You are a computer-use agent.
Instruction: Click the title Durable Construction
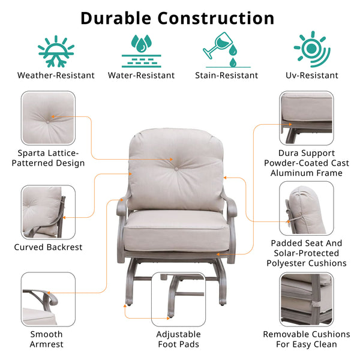point(178,19)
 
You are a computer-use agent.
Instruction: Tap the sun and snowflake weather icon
point(56,52)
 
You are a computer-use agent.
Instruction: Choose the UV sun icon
point(312,49)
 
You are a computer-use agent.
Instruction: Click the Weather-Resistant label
point(56,76)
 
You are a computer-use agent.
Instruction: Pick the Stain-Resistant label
point(227,76)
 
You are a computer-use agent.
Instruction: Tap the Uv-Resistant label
point(312,76)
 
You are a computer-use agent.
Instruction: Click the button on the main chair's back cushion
point(176,169)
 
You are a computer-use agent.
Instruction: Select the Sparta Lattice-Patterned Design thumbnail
point(48,118)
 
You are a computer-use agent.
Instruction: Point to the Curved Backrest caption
point(48,247)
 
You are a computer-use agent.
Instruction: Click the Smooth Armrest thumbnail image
point(48,299)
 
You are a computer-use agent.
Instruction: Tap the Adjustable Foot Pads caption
point(179,339)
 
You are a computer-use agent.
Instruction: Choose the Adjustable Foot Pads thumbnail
point(179,299)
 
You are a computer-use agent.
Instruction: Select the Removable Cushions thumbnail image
point(307,299)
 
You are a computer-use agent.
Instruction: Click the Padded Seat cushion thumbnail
point(307,208)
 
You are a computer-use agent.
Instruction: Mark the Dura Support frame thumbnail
point(307,118)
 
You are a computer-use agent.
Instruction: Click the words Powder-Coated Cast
point(307,163)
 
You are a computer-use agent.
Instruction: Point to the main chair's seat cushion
point(176,231)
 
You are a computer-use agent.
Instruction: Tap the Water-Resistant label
point(141,76)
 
